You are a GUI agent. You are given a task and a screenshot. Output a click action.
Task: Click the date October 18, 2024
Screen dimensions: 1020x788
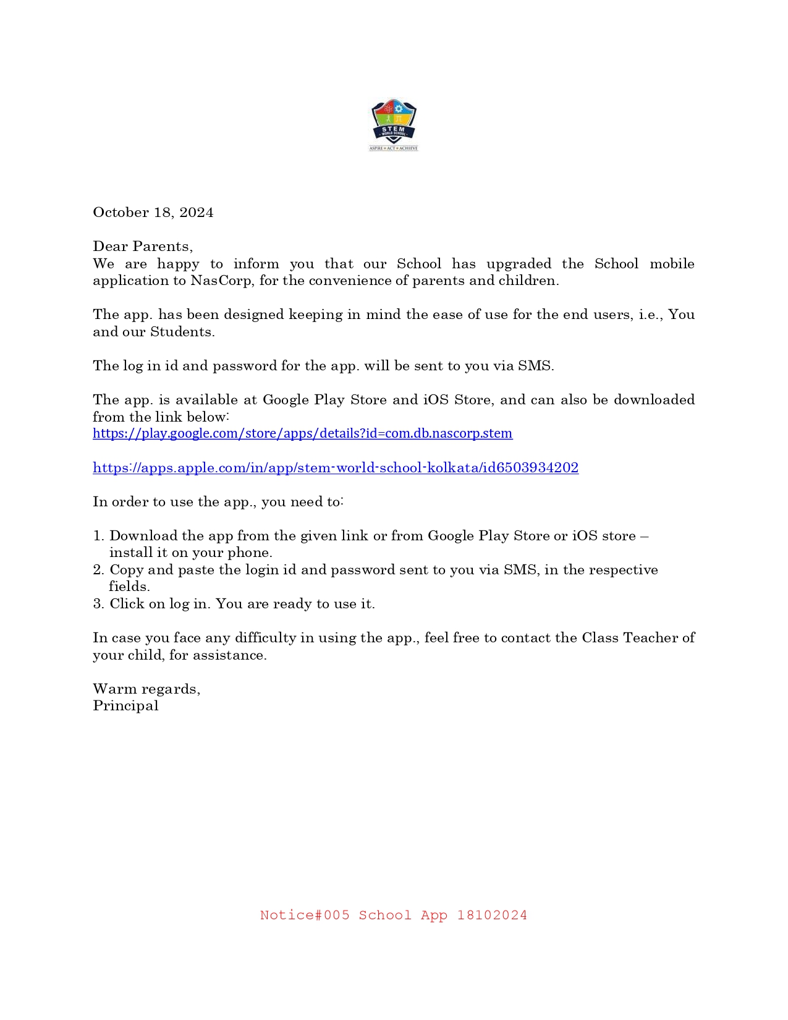(153, 213)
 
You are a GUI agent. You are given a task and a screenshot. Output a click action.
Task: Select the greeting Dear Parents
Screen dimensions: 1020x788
(142, 247)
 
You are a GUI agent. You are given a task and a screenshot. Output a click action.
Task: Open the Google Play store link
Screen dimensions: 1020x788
(302, 433)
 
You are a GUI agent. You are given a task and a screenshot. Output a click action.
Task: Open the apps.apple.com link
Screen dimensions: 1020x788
(336, 468)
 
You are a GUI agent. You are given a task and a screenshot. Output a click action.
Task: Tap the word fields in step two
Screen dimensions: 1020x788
(129, 587)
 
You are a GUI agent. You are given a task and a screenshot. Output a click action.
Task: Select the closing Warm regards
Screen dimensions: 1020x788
(146, 689)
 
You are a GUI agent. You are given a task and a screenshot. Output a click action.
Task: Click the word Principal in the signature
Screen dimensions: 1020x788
(125, 706)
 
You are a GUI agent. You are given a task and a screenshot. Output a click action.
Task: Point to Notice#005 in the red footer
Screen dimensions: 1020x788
(305, 916)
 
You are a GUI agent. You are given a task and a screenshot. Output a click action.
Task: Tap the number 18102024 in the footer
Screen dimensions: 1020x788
(492, 916)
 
